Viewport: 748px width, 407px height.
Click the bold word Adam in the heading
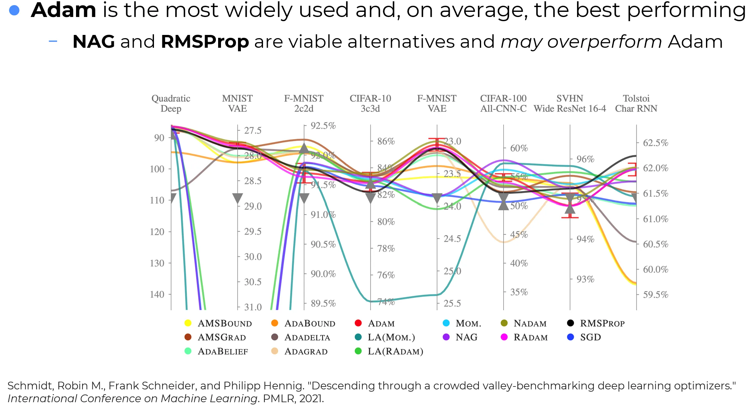click(x=64, y=10)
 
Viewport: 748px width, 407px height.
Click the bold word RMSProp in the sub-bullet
click(x=205, y=42)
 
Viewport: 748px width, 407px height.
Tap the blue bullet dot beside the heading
click(x=14, y=11)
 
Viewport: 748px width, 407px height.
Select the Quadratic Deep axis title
click(x=171, y=103)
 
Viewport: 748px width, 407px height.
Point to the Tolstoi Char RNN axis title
click(x=636, y=103)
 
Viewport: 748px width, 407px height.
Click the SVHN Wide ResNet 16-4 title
click(x=570, y=103)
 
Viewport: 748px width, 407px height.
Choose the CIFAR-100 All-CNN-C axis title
click(x=503, y=103)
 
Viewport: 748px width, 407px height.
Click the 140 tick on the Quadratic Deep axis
click(x=157, y=294)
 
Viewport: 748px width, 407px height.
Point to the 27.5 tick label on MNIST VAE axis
click(x=253, y=130)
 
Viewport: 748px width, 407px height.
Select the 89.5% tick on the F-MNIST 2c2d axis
click(x=323, y=303)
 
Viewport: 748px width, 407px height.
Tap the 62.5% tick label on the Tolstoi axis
click(x=656, y=143)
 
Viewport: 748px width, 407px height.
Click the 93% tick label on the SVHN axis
click(x=585, y=279)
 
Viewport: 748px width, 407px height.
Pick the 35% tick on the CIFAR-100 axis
click(x=519, y=292)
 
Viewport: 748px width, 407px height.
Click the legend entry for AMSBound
click(x=225, y=323)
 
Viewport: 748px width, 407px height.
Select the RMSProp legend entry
click(x=602, y=323)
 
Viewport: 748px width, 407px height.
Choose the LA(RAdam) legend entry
click(x=395, y=351)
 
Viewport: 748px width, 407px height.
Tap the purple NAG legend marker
click(x=446, y=337)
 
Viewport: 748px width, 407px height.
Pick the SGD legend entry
click(x=590, y=337)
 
